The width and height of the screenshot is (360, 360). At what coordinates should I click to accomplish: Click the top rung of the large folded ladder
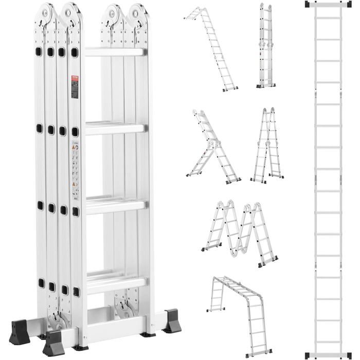click(115, 52)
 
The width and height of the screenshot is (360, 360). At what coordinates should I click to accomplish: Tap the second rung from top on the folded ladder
click(115, 129)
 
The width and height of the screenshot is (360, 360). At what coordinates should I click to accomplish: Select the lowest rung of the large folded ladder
click(115, 282)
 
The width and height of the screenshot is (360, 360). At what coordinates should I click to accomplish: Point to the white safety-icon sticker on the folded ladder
click(75, 172)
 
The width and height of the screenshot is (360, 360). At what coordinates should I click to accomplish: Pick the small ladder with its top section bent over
click(211, 49)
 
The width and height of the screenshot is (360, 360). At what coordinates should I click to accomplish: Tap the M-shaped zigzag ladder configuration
click(239, 231)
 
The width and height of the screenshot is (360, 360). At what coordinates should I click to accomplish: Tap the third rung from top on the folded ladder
click(115, 206)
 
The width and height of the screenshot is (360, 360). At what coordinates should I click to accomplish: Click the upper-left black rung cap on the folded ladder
click(39, 51)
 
